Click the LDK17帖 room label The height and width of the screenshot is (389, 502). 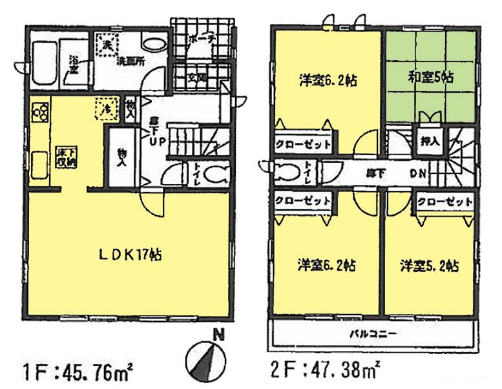click(x=130, y=255)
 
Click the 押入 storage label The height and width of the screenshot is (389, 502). click(x=426, y=142)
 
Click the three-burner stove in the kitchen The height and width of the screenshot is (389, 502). click(x=39, y=112)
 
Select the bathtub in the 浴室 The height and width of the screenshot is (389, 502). click(x=46, y=54)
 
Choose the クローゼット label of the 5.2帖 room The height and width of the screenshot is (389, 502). click(x=444, y=202)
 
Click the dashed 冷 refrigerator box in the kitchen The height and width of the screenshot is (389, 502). click(x=103, y=107)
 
